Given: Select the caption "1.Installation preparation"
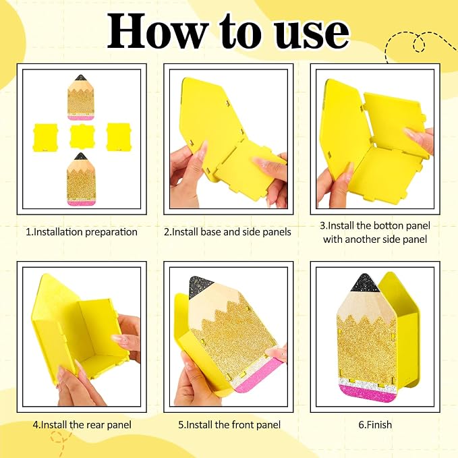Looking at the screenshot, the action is coord(82,232).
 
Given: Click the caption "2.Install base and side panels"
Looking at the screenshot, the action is coord(227,232).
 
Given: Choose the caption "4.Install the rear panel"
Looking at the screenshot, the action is coord(82,425).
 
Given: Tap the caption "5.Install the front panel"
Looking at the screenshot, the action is coord(229,425).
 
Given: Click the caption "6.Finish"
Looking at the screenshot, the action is coord(375,425).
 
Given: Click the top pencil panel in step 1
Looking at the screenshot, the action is coord(81,97).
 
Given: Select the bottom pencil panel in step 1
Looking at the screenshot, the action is coord(81,179).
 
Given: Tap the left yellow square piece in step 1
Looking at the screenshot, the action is coord(45,138).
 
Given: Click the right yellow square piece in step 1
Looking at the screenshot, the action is coord(118,137).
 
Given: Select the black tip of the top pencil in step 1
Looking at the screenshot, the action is coord(80,78).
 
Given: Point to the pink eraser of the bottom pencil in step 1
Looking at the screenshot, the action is coord(81,202).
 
